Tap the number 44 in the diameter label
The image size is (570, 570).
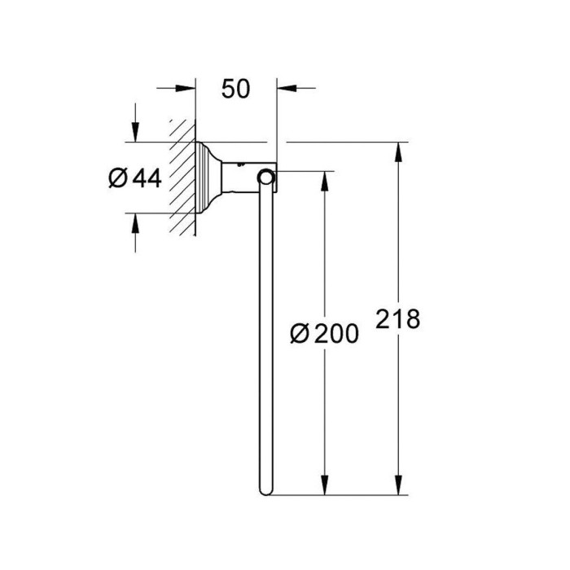(147, 178)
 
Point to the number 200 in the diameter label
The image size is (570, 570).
(335, 333)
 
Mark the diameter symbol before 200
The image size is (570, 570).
(299, 333)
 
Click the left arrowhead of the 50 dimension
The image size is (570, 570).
(187, 89)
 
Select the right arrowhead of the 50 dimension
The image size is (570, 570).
(286, 89)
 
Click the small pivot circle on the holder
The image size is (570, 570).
(265, 178)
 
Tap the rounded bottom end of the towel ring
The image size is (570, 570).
(265, 490)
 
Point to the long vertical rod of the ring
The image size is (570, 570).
(265, 342)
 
